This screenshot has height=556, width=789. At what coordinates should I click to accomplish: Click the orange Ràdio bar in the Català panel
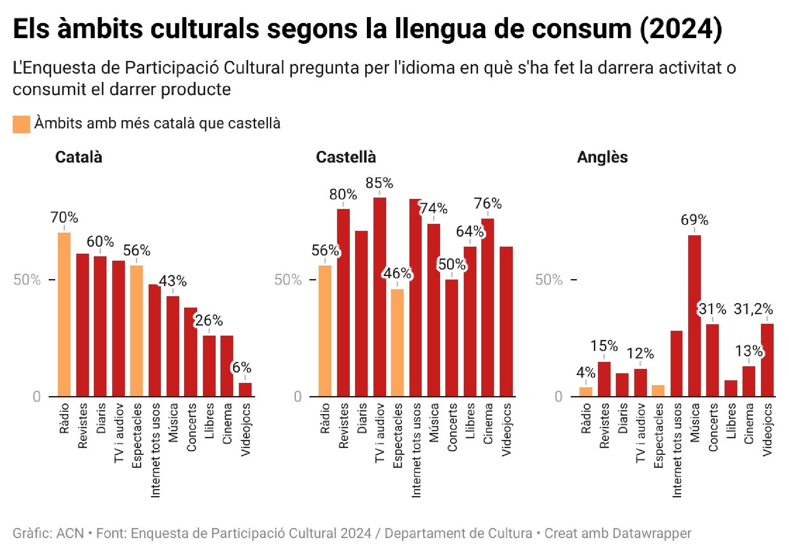tap(64, 314)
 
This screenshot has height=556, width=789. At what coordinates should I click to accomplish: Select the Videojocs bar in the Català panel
tap(245, 390)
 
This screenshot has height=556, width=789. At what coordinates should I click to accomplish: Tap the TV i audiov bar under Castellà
tap(380, 297)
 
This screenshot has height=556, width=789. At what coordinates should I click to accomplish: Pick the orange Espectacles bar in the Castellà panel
tap(397, 343)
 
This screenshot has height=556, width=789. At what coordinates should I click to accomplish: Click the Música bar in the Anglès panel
tap(694, 315)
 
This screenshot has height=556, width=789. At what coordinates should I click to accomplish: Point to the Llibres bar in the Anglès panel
tap(731, 388)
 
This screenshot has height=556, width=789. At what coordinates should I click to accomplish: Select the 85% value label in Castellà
tap(379, 183)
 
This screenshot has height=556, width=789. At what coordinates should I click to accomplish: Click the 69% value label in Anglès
tap(694, 220)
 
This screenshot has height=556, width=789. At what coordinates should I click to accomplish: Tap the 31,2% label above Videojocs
tap(753, 309)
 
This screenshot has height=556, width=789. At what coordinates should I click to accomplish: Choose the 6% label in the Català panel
tap(242, 367)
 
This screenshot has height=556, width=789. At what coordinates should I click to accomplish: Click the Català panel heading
tap(78, 157)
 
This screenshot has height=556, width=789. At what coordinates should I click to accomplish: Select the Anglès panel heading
tap(602, 157)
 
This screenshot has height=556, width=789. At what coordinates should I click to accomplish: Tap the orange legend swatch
tap(21, 124)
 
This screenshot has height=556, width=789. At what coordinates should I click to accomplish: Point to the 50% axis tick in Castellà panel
tap(288, 280)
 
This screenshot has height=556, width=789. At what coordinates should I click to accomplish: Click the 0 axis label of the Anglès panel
tap(558, 397)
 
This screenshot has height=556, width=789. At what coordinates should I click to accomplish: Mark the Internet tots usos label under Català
tap(155, 450)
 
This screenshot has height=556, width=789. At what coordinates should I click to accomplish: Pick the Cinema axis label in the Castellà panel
tap(488, 424)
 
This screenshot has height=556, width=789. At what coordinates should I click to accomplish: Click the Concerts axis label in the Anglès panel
tap(713, 427)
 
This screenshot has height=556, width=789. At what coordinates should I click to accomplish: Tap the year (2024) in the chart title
tap(681, 29)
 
